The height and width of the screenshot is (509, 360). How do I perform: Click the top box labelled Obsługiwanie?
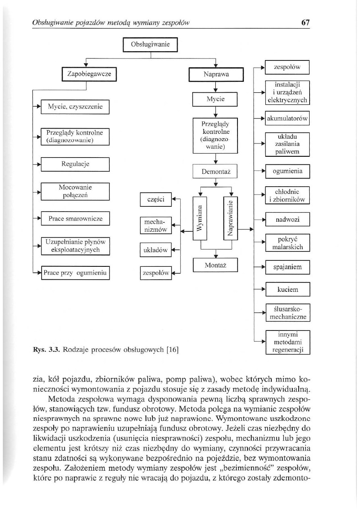150,44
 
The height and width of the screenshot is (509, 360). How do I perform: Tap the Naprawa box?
216,75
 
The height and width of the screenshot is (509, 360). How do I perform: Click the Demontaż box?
216,172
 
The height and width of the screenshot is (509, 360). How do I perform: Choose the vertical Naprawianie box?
231,218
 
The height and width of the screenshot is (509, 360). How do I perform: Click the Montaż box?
216,265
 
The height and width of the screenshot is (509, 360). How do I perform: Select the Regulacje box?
75,164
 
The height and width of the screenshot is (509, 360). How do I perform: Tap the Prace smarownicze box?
75,218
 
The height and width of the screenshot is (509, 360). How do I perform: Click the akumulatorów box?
287,118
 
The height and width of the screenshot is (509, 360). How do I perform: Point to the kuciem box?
287,289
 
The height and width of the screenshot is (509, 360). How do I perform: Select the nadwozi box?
287,220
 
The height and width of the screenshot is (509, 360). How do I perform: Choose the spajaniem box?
287,267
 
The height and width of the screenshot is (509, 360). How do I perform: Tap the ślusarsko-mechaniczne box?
287,313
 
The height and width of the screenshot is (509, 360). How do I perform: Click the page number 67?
305,23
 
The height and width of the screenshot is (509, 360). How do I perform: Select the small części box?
156,199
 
